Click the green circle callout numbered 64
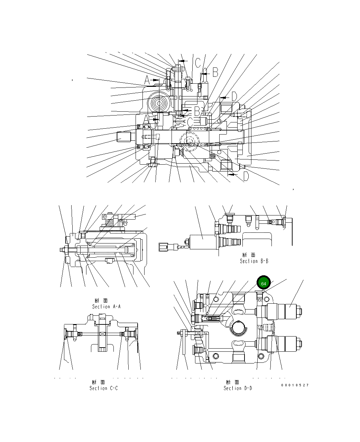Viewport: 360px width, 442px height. (x=264, y=283)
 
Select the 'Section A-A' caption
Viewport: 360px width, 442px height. (x=106, y=306)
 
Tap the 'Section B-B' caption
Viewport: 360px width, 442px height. (x=254, y=261)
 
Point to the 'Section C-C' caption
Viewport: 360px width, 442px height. (x=103, y=388)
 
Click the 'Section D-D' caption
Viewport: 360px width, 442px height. (x=238, y=388)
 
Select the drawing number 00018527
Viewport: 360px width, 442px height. (x=295, y=385)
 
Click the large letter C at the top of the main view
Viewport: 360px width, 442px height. (x=197, y=63)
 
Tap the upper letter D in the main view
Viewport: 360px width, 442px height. (x=234, y=96)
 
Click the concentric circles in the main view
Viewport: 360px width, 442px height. (x=160, y=103)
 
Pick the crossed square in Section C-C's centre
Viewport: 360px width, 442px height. (x=102, y=334)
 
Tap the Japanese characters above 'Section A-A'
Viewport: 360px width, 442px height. (x=101, y=301)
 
